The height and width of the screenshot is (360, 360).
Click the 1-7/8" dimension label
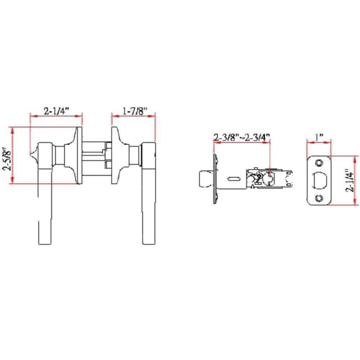pyautogui.click(x=133, y=111)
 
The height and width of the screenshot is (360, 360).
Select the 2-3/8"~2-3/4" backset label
pyautogui.click(x=242, y=138)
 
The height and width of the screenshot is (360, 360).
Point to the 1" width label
pyautogui.click(x=319, y=138)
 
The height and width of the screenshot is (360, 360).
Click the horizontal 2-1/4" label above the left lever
pyautogui.click(x=56, y=111)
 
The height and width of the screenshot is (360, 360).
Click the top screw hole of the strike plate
pyautogui.click(x=318, y=163)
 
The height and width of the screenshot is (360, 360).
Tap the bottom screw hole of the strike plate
pyautogui.click(x=318, y=198)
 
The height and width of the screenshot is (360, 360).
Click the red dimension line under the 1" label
pyautogui.click(x=319, y=143)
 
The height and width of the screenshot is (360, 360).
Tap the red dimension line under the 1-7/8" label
pyautogui.click(x=133, y=116)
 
